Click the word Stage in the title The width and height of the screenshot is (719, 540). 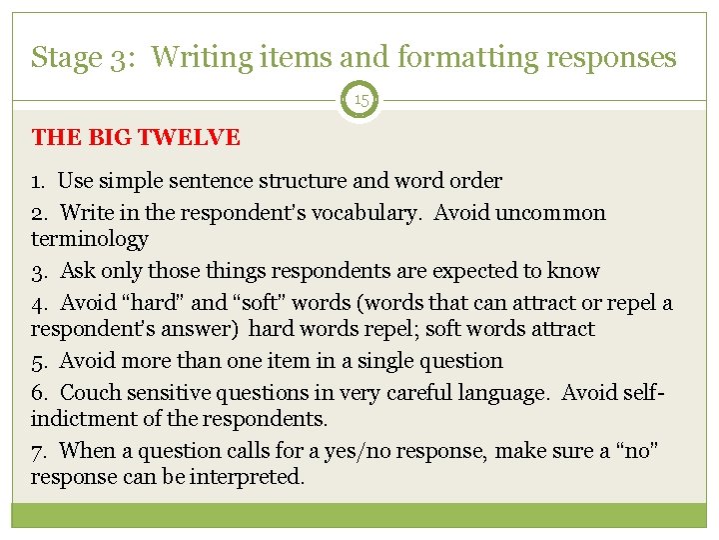pyautogui.click(x=65, y=58)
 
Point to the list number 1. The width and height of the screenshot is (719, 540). pyautogui.click(x=37, y=181)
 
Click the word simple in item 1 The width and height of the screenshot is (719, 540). pyautogui.click(x=127, y=181)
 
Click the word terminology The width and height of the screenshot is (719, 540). pyautogui.click(x=90, y=239)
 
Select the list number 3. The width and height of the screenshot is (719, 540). pyautogui.click(x=37, y=271)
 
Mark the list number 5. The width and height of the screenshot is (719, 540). pyautogui.click(x=37, y=360)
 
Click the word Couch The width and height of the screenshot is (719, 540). pyautogui.click(x=89, y=393)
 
